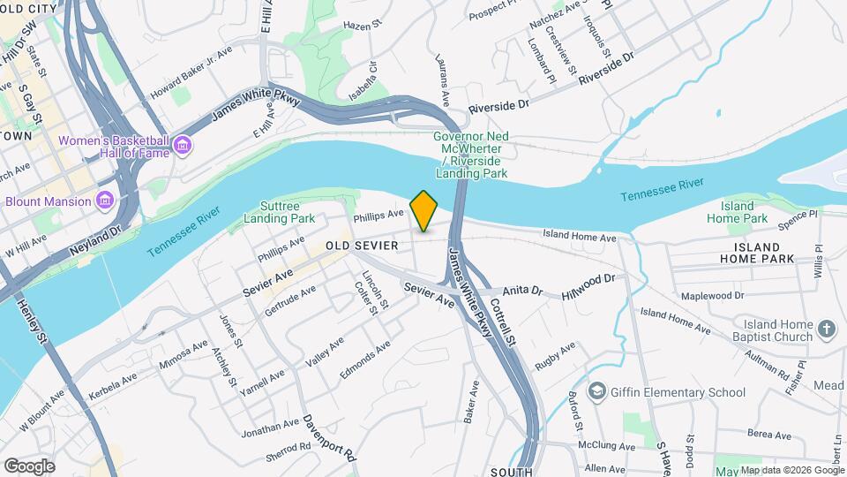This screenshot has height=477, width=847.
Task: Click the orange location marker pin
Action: [x=424, y=211]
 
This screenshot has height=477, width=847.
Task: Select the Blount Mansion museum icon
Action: [x=105, y=201]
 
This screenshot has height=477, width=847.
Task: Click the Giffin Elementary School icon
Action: [x=597, y=391]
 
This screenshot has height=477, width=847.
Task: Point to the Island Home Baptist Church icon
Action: [x=827, y=330]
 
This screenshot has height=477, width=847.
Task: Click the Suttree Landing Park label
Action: [x=280, y=211]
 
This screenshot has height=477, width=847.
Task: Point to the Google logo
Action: [x=29, y=466]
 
